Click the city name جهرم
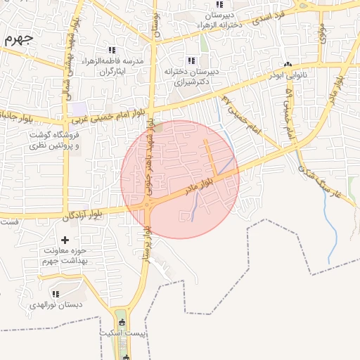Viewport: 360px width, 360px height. point(18,38)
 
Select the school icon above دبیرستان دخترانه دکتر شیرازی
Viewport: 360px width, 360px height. point(191,60)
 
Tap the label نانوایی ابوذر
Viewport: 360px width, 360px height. point(288,73)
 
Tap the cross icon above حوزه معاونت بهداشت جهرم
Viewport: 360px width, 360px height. point(65,240)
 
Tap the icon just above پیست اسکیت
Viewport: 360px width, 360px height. point(124,322)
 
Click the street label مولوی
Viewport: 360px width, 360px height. point(322,32)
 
